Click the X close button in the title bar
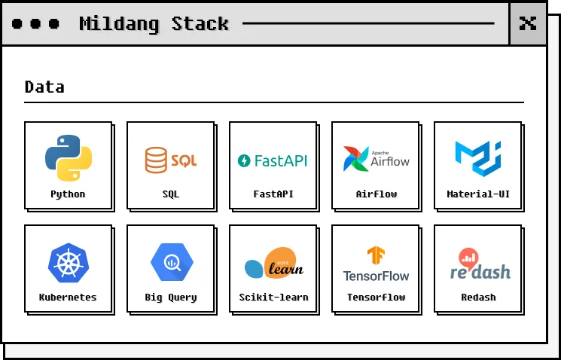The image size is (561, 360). coord(528,23)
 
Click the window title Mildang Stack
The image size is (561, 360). coord(154,24)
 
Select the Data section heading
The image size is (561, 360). coord(44,87)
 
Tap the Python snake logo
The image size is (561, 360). coord(68,157)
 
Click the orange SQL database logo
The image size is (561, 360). coord(170,160)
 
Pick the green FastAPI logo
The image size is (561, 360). coord(273,160)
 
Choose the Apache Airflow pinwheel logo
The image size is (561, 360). coord(376,159)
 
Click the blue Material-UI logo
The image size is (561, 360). coord(477,158)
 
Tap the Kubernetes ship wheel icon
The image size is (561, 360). coord(68,262)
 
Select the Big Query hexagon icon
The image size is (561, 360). coord(170,262)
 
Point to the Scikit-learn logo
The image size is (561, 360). coord(273,264)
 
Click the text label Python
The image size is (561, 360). coord(68,194)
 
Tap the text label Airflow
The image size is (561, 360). coord(376,194)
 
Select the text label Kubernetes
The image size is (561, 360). coord(68,297)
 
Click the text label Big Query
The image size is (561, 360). coord(170,297)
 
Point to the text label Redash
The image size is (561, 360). coord(478,297)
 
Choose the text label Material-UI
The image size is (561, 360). coord(478,194)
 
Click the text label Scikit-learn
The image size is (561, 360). coord(273,297)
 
